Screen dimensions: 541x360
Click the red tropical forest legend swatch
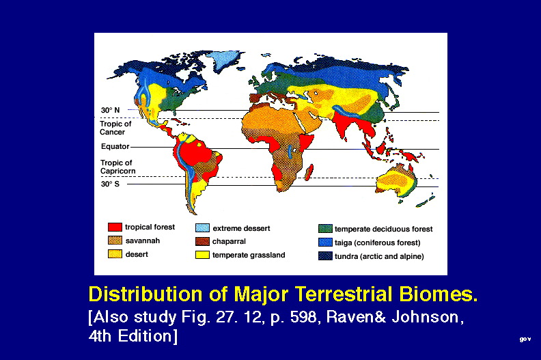click(115, 227)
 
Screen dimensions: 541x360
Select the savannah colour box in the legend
click(115, 240)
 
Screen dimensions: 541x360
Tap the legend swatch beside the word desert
click(115, 254)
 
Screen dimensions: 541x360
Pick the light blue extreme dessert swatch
click(202, 227)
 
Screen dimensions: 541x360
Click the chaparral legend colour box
click(202, 241)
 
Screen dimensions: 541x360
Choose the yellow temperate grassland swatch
click(202, 255)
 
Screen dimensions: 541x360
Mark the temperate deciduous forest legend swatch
click(325, 228)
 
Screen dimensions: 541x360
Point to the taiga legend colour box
click(325, 243)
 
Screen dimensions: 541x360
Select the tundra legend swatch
click(325, 256)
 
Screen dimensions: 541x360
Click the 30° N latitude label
click(110, 110)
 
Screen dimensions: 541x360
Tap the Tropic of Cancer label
click(115, 128)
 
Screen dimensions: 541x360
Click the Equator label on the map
click(115, 146)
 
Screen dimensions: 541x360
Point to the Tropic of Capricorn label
click(117, 167)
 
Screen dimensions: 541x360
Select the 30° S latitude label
click(110, 184)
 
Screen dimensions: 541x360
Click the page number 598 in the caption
click(303, 317)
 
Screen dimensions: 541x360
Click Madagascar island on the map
click(309, 172)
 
